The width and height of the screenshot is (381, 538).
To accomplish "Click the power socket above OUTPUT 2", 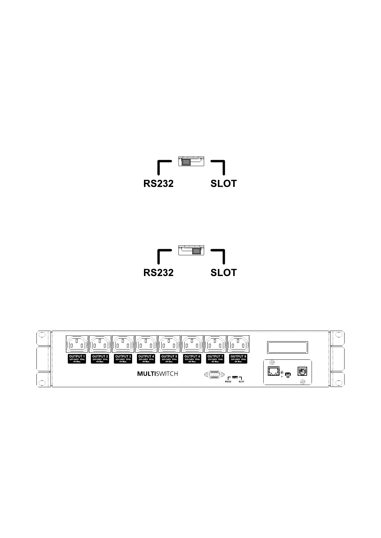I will (100, 344).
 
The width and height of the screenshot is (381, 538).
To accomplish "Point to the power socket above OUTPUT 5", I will (169, 344).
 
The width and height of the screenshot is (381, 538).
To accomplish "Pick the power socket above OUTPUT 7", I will (215, 344).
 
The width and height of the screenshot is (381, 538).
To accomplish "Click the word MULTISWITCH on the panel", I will (157, 373).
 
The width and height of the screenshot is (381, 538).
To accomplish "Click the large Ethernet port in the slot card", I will (274, 371).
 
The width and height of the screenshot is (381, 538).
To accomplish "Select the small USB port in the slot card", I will (288, 374).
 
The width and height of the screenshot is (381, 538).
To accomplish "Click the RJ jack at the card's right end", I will (302, 371).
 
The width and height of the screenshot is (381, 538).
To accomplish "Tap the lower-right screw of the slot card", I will (302, 382).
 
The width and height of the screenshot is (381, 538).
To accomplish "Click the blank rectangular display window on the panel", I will (288, 347).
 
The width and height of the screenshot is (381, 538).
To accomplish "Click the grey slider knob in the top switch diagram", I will (186, 162).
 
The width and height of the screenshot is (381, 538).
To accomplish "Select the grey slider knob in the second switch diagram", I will (196, 251).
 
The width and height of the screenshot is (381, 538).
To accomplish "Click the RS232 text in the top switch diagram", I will (158, 184).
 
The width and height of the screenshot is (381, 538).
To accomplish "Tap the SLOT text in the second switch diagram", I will (224, 273).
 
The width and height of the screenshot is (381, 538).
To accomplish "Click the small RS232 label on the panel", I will (228, 382).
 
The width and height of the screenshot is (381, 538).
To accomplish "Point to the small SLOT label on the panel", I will (241, 382).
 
